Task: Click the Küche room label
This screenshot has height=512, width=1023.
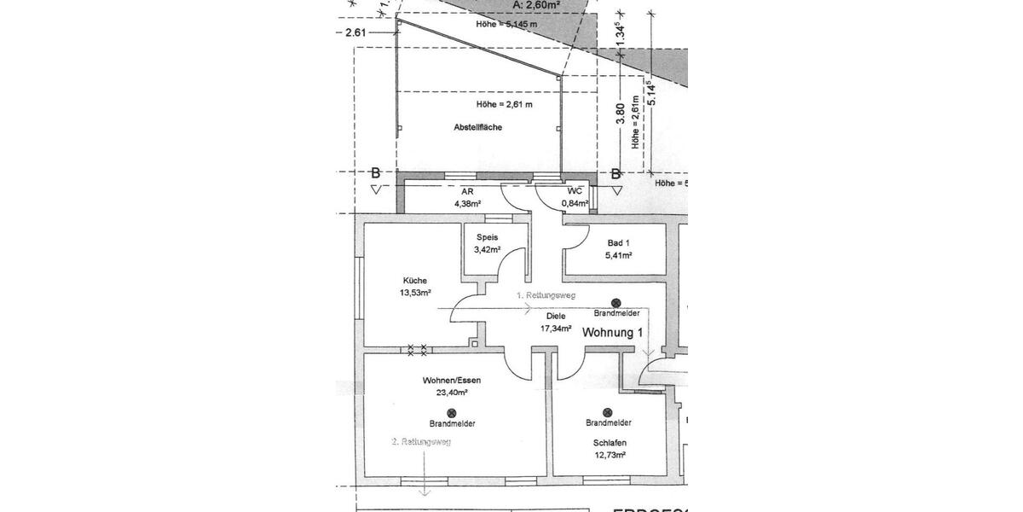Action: click(x=415, y=280)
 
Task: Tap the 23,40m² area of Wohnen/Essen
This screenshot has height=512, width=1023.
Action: click(x=452, y=393)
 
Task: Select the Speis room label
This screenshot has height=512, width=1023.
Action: click(x=487, y=237)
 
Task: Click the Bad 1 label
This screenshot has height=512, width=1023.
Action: click(x=620, y=243)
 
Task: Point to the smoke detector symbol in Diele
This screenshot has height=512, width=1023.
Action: click(x=616, y=302)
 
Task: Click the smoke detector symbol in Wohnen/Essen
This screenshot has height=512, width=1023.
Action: click(x=452, y=412)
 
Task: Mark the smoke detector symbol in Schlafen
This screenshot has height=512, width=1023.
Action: click(x=608, y=411)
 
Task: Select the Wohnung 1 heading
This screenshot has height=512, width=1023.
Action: click(x=612, y=334)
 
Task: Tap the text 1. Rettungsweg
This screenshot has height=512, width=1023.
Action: click(x=546, y=295)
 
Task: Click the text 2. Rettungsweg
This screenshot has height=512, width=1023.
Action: click(x=420, y=442)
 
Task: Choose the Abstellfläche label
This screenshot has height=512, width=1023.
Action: click(x=477, y=127)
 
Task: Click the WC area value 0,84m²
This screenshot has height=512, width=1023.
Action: click(x=575, y=204)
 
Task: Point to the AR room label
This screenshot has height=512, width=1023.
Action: click(x=466, y=193)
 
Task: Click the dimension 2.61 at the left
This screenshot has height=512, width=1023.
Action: click(x=355, y=32)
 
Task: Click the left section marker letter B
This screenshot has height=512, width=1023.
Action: click(x=374, y=173)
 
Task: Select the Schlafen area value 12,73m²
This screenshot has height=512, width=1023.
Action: click(x=610, y=456)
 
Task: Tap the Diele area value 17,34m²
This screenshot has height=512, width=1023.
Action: click(x=555, y=328)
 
